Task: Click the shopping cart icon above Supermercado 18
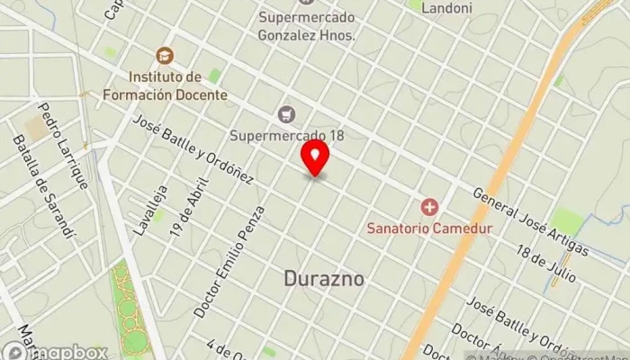click(286, 113)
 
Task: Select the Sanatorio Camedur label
click(429, 229)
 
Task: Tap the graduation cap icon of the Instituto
click(164, 55)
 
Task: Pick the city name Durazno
click(324, 279)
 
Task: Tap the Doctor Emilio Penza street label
click(229, 260)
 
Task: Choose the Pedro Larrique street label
click(64, 144)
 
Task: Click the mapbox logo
click(54, 351)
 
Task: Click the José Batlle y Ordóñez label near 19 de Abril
click(193, 149)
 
